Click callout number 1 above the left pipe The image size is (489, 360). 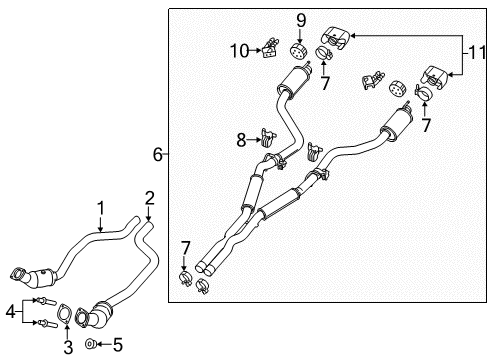coord(100,207)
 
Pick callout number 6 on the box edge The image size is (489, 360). coord(157,154)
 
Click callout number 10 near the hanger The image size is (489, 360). coord(238,50)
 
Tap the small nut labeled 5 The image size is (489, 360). coord(91,345)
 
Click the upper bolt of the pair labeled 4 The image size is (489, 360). coord(44,299)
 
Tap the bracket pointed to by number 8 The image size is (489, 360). coord(266,137)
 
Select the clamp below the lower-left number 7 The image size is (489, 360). coord(185,276)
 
